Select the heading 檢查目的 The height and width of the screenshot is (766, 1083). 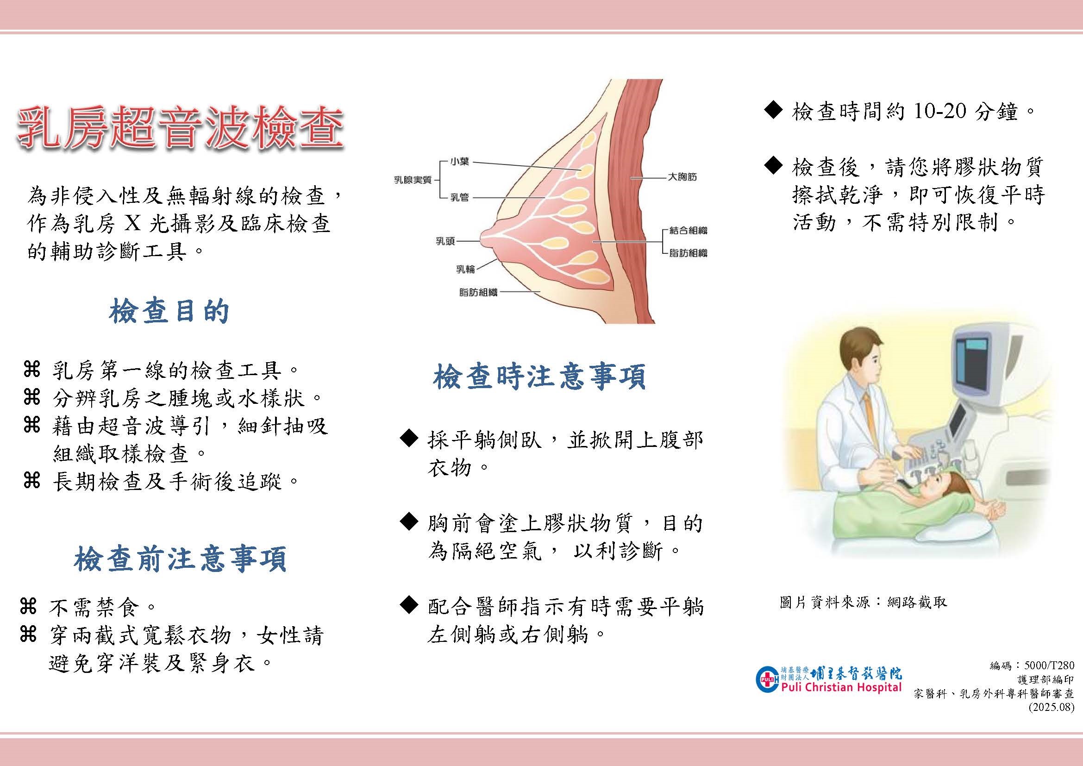pyautogui.click(x=169, y=312)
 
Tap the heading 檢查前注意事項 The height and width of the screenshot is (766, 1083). pyautogui.click(x=180, y=560)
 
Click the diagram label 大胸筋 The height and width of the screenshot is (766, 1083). pyautogui.click(x=682, y=177)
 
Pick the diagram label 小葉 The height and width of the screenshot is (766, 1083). pyautogui.click(x=459, y=162)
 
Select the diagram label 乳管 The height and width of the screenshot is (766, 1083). pyautogui.click(x=459, y=197)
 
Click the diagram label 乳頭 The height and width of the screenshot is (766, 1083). pyautogui.click(x=445, y=241)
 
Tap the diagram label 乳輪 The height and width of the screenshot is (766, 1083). pyautogui.click(x=465, y=269)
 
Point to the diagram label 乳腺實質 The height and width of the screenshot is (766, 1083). pyautogui.click(x=413, y=180)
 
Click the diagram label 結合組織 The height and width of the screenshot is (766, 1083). pyautogui.click(x=688, y=231)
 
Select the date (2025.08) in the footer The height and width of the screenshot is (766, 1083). pyautogui.click(x=1054, y=708)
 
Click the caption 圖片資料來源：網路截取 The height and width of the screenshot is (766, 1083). pyautogui.click(x=863, y=603)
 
